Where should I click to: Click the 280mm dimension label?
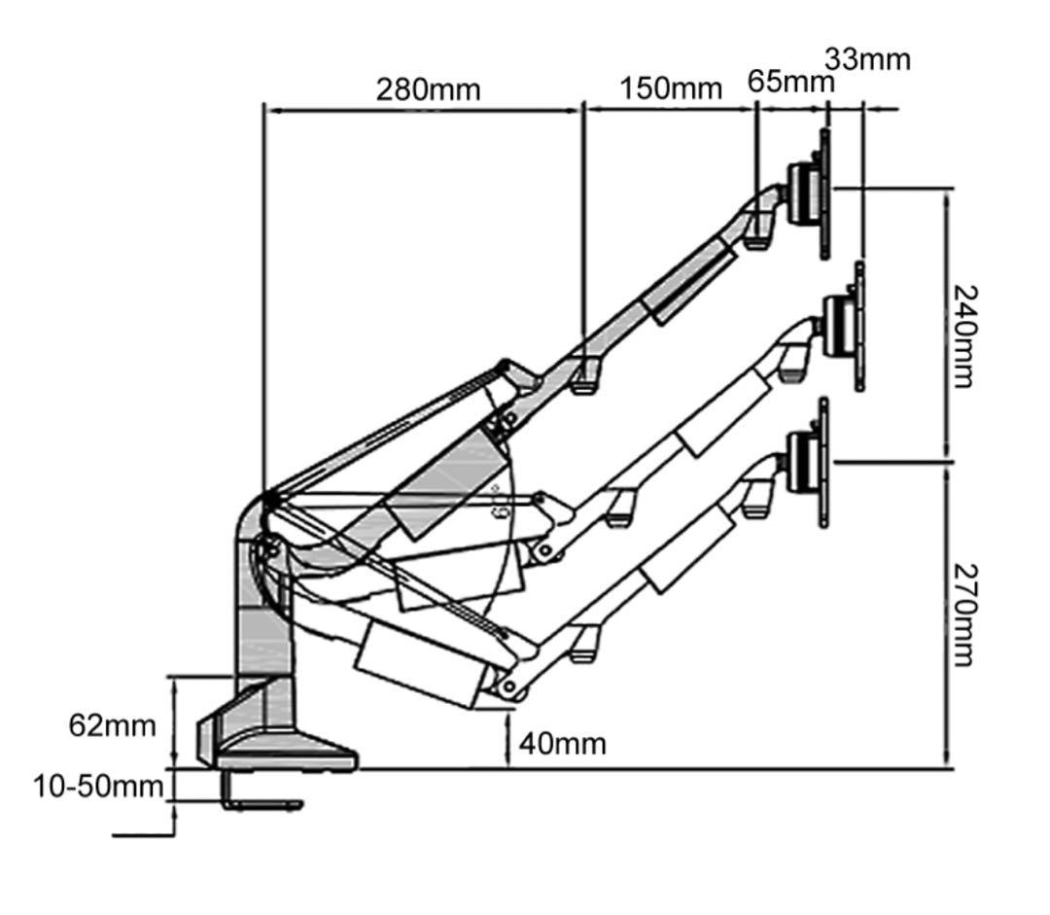click(428, 89)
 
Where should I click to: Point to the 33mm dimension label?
click(868, 59)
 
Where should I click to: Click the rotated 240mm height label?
click(963, 335)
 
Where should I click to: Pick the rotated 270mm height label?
click(963, 614)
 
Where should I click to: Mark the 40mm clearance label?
click(562, 744)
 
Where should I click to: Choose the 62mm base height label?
click(112, 724)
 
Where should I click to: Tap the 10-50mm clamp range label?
click(97, 786)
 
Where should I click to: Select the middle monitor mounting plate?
click(858, 326)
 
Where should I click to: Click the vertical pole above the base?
click(262, 632)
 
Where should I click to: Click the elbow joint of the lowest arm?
click(507, 685)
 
